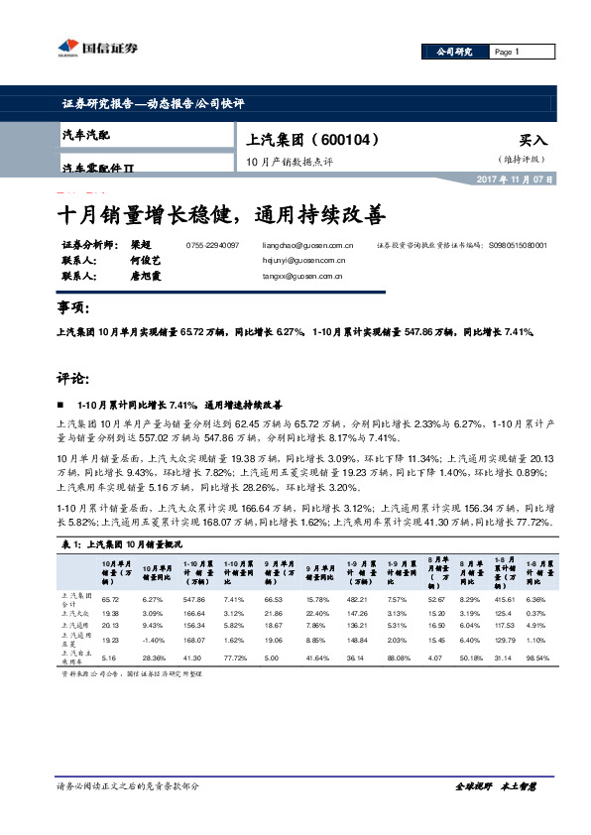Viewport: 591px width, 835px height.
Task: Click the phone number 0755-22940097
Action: tap(212, 244)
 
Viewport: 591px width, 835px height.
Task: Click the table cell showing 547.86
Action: tap(193, 600)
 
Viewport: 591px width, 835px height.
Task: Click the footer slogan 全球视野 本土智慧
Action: tap(495, 786)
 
